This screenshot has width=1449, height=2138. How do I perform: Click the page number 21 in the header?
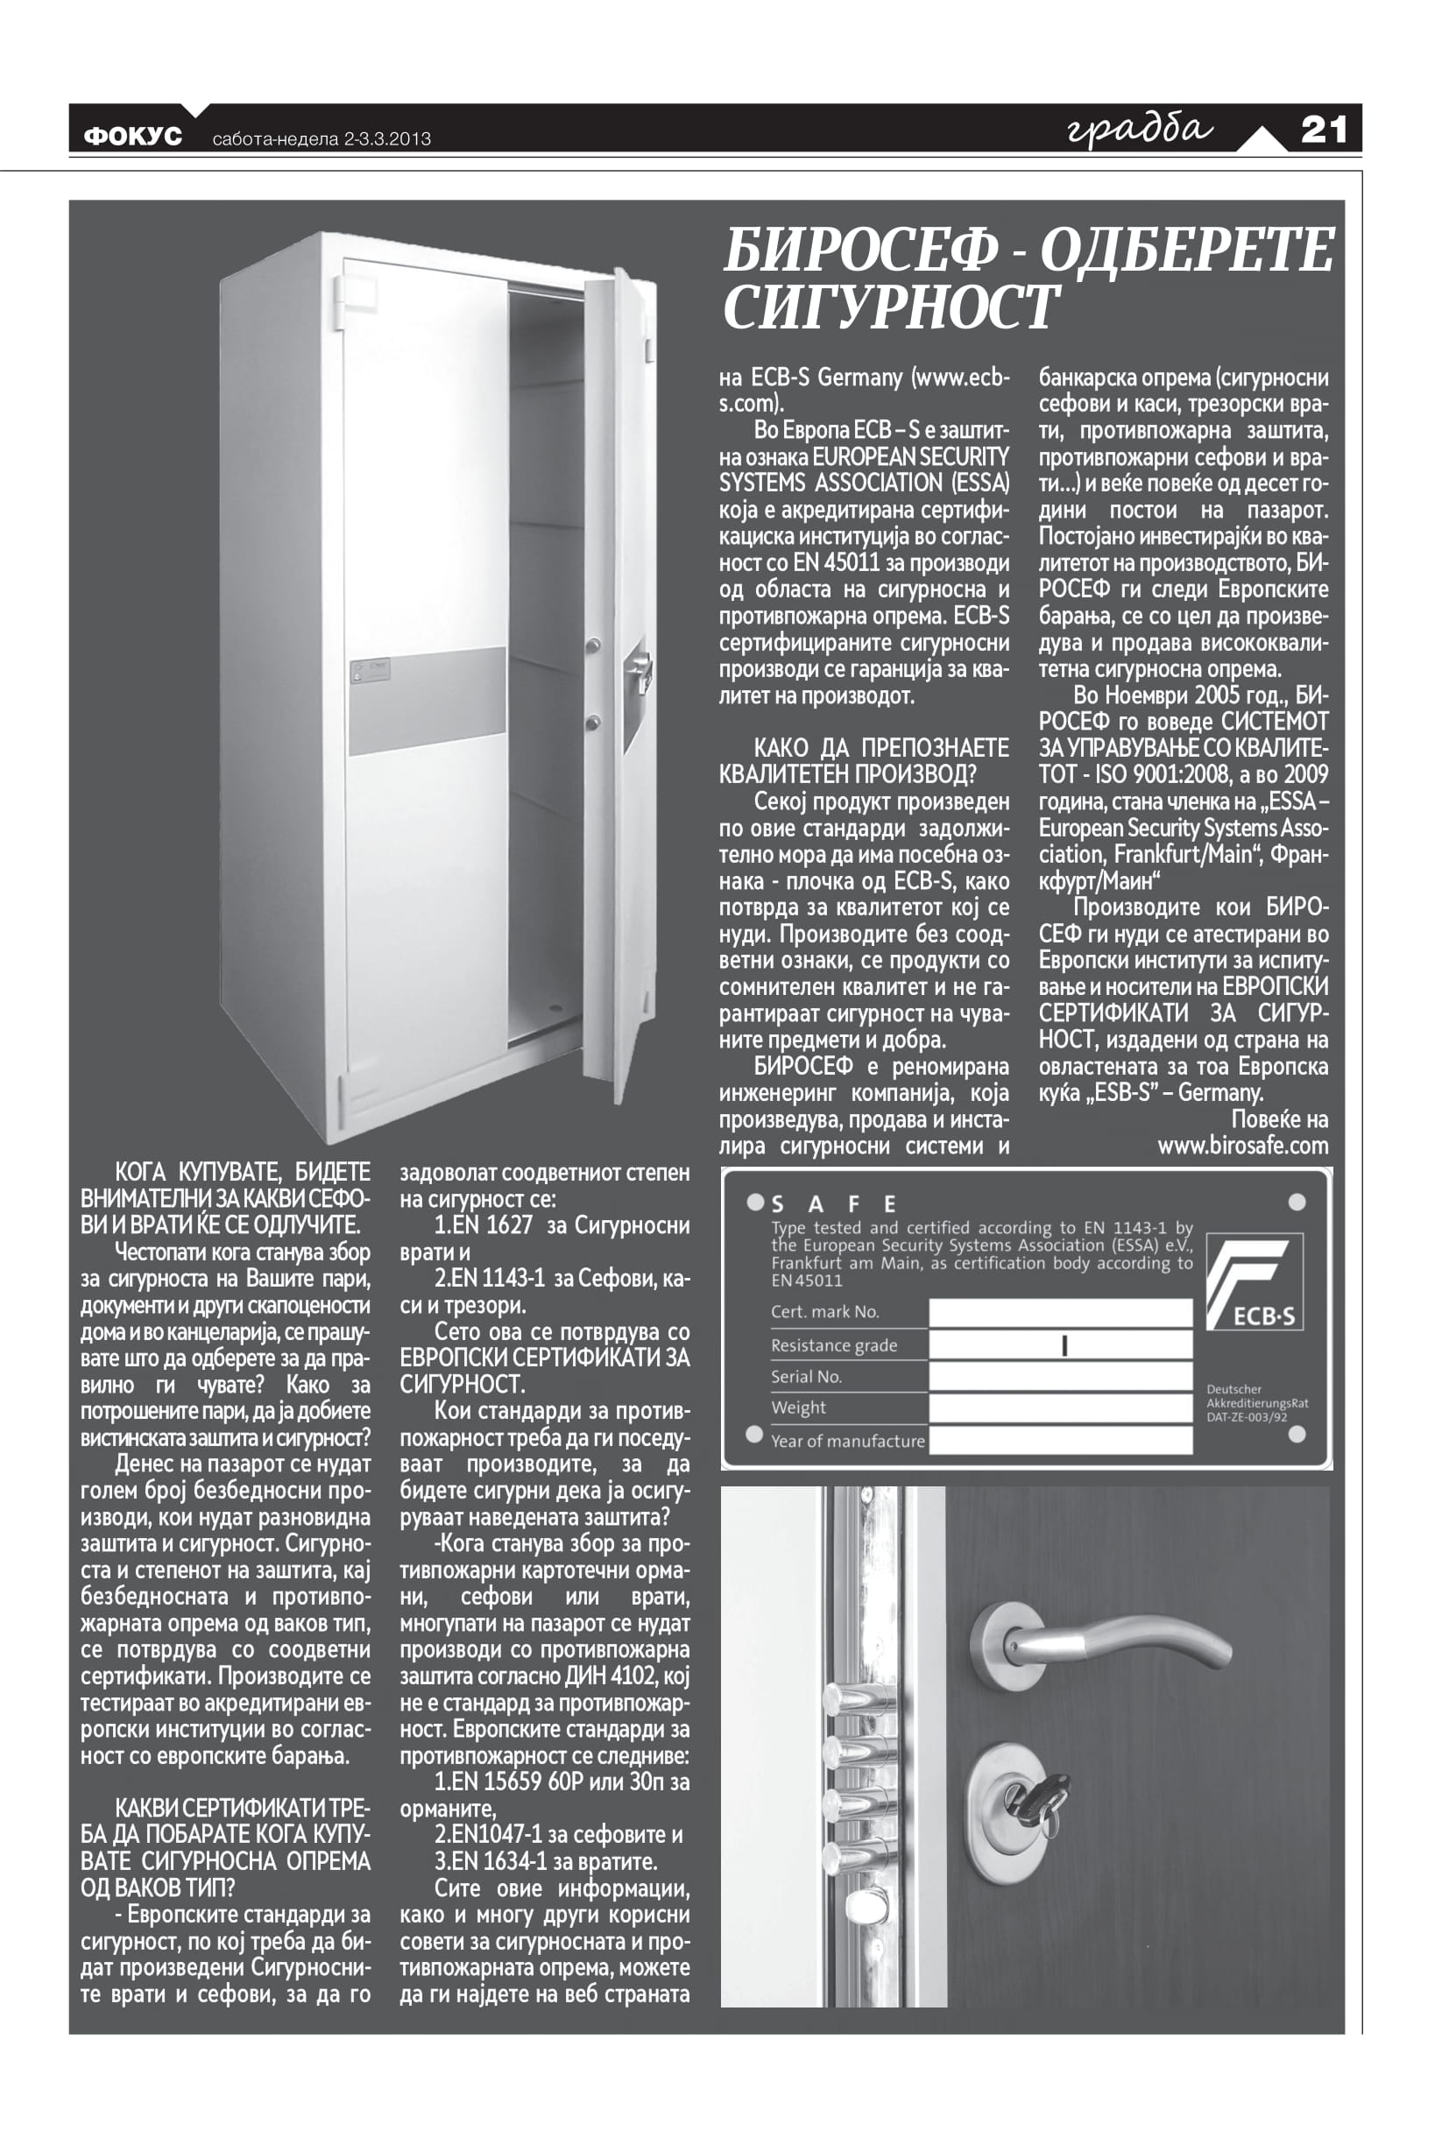coord(1323,130)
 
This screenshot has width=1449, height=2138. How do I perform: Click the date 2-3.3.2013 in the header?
coord(387,139)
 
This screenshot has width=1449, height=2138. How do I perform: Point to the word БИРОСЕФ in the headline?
coord(860,250)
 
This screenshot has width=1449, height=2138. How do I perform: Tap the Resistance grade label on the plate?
coord(833,1345)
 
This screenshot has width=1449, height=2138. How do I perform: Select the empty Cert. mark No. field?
coord(1060,1312)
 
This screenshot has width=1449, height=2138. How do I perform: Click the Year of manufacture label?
coord(847,1441)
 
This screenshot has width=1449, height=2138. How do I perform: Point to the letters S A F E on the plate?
coord(833,1204)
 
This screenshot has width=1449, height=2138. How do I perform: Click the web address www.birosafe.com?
coord(1242,1147)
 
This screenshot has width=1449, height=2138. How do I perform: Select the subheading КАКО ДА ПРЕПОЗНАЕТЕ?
coord(880,747)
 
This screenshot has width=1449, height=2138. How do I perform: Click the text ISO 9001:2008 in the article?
coord(1155,774)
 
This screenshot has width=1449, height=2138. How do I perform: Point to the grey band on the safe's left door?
coord(428,698)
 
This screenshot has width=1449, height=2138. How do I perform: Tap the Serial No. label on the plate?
coord(806,1376)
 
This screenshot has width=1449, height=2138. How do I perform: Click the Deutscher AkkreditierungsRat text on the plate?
coord(1255,1403)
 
